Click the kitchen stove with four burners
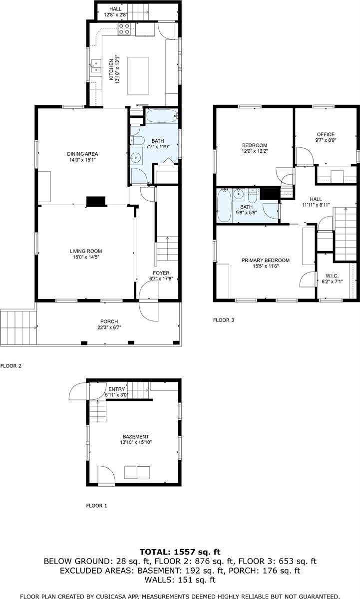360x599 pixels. click(124, 29)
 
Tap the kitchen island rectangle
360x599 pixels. click(138, 76)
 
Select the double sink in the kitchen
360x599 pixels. click(95, 66)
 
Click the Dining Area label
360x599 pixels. click(82, 154)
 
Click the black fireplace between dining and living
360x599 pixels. click(96, 201)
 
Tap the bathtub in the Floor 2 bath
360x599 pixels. click(162, 116)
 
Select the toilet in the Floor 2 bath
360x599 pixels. click(137, 140)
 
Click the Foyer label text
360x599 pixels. click(161, 273)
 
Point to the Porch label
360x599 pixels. click(109, 321)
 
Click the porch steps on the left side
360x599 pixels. click(18, 327)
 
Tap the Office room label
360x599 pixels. click(326, 134)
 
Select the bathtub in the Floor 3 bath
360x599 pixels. click(224, 205)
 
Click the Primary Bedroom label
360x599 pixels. click(265, 260)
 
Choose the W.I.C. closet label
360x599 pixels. click(332, 276)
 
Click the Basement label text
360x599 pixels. click(136, 437)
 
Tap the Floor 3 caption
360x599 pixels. click(224, 320)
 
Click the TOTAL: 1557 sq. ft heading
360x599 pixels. click(180, 552)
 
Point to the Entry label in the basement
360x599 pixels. click(117, 389)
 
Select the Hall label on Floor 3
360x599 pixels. click(316, 199)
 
